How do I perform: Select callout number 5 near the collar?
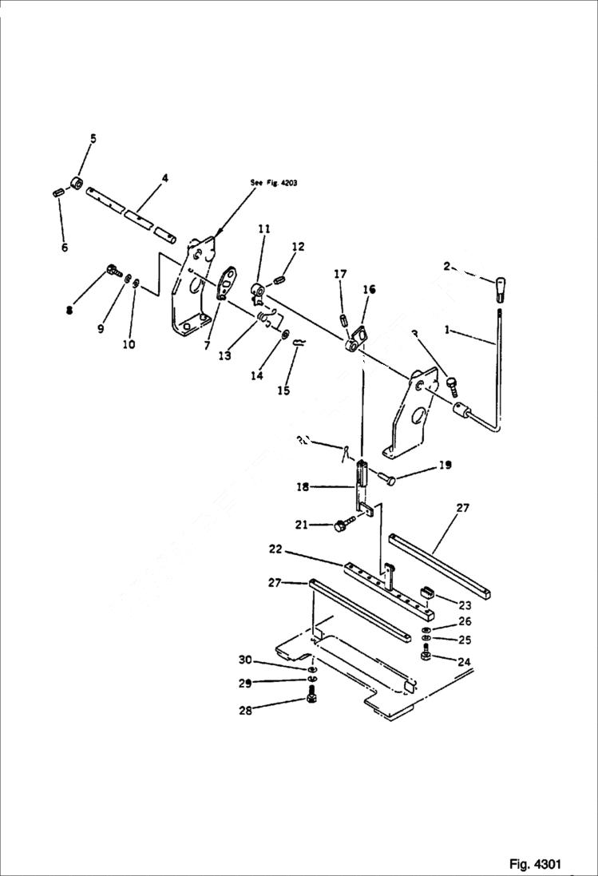point(93,139)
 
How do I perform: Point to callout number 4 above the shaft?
point(164,178)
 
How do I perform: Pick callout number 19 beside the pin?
point(446,465)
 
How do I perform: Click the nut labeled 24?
point(426,656)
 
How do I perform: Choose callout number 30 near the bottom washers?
point(245,659)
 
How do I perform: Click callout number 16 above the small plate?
point(369,289)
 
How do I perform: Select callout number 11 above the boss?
point(263,228)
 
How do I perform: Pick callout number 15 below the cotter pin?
point(284,390)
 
